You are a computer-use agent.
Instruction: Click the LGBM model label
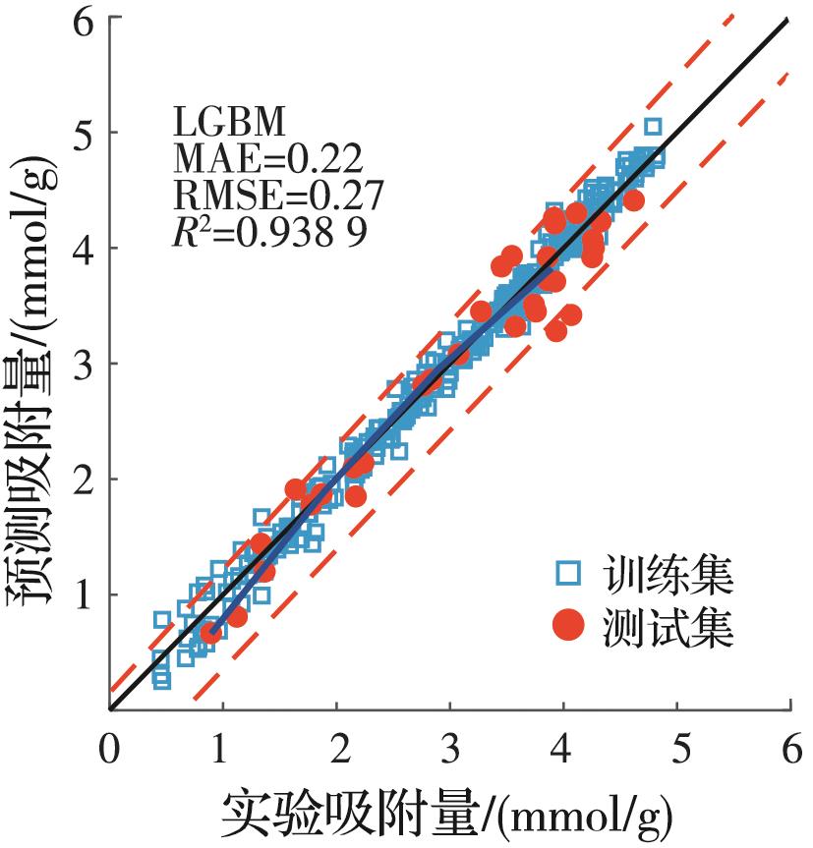pos(230,123)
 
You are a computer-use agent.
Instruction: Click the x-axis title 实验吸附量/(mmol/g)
pos(447,811)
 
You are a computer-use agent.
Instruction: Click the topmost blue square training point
pos(653,127)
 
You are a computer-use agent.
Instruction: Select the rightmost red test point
pos(634,200)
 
